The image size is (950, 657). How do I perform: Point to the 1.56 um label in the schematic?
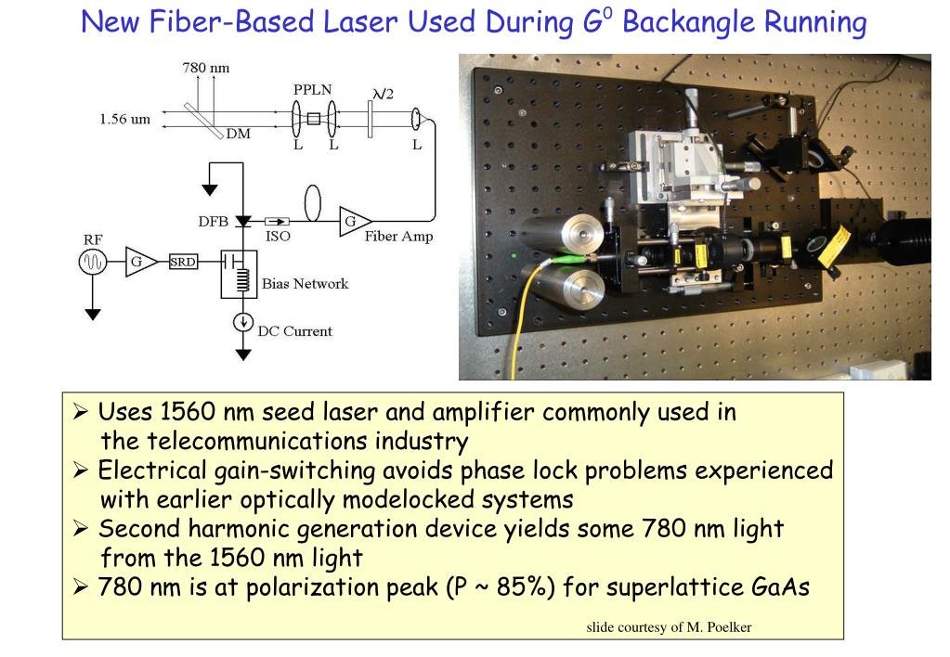[124, 119]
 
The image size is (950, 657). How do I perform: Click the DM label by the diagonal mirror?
[238, 134]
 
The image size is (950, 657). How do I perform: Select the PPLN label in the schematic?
[313, 90]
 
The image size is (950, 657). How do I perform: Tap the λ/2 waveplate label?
[382, 93]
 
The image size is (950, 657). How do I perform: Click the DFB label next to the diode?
[213, 222]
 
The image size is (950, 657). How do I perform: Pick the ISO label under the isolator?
[278, 237]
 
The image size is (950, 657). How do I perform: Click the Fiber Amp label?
[398, 237]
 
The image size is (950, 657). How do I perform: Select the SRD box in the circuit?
[183, 263]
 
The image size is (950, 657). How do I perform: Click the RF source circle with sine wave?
[93, 264]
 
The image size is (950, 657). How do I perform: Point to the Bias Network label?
[305, 283]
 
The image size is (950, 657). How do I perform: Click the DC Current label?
[294, 331]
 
